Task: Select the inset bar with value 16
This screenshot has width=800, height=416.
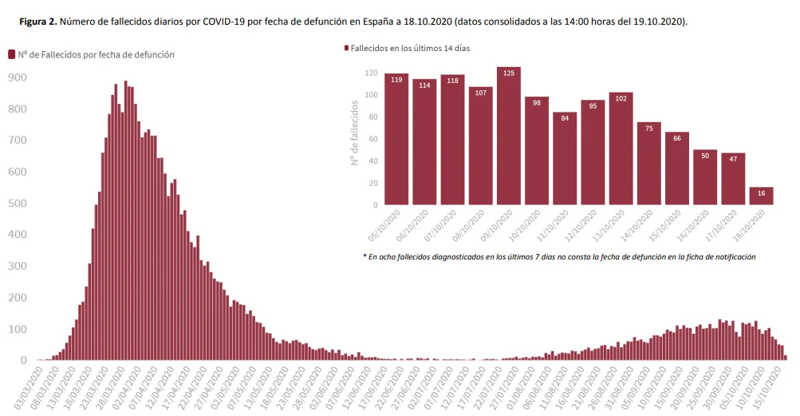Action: click(761, 196)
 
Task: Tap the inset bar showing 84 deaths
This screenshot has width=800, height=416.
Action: click(565, 158)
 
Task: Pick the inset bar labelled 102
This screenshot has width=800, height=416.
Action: click(621, 149)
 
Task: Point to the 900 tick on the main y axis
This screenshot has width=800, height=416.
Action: click(18, 77)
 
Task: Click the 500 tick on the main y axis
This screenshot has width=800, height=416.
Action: click(18, 203)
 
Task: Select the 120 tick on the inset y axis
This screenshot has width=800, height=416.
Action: click(371, 73)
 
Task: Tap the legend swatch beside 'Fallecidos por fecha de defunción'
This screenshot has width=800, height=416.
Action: click(12, 54)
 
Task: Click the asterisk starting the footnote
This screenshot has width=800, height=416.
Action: click(364, 256)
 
